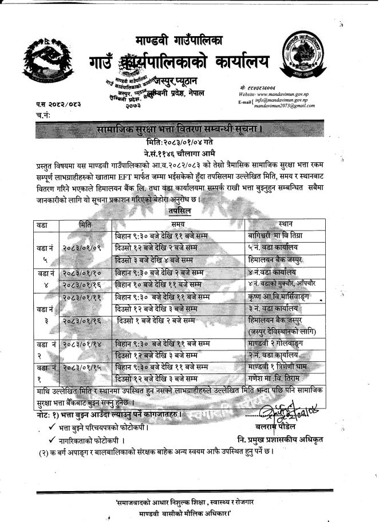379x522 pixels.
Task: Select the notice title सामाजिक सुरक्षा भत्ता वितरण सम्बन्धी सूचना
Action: (180, 130)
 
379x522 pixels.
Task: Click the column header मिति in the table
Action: (88, 223)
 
